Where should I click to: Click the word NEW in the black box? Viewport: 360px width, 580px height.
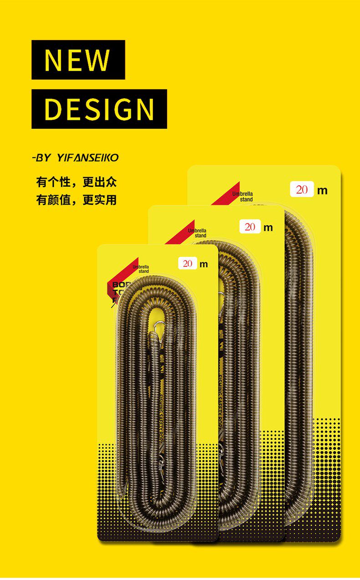77,60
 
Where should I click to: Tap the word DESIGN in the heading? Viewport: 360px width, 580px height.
99,109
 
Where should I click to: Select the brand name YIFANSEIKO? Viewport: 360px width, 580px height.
87,158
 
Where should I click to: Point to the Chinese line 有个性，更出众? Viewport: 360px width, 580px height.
77,182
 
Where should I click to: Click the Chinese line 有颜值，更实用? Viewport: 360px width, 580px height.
77,200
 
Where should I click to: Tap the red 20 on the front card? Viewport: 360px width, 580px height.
188,264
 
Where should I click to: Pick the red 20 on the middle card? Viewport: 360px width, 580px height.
250,227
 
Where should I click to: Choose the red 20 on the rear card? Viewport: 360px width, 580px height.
302,190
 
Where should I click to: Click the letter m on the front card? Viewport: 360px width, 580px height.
204,264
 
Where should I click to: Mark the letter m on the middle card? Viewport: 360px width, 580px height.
268,227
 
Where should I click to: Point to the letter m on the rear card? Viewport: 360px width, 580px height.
323,190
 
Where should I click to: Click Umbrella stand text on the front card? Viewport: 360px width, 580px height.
141,269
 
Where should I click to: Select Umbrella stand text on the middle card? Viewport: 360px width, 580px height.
198,233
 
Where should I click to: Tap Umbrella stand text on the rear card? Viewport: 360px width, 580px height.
243,197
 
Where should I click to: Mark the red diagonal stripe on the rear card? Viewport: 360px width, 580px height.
226,195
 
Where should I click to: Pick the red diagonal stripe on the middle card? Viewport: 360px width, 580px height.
180,232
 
